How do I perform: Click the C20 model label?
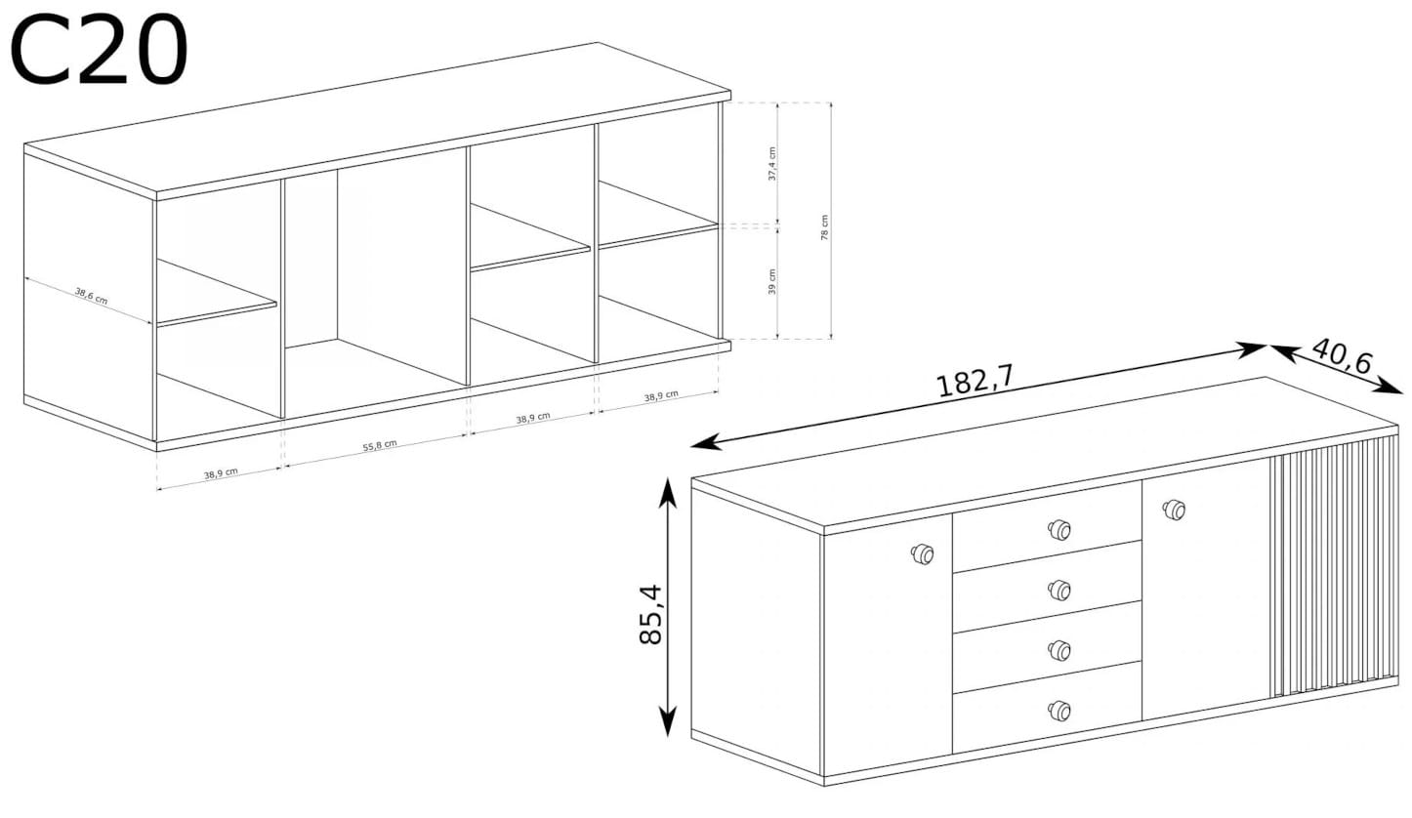click(99, 50)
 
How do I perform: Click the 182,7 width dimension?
click(976, 380)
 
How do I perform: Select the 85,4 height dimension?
click(651, 614)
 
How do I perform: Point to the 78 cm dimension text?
click(824, 227)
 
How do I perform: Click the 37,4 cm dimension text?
click(771, 164)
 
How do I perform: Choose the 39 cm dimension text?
click(772, 282)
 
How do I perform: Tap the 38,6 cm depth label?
click(92, 296)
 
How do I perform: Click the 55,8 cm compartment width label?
click(380, 445)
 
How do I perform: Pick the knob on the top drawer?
click(1059, 529)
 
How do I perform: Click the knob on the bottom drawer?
click(1059, 711)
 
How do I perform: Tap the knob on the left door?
click(922, 553)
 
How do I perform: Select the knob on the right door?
click(1173, 510)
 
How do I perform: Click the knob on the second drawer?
click(1059, 590)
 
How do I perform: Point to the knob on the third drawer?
click(1059, 650)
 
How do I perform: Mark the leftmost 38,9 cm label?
click(221, 473)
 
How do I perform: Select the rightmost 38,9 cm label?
click(661, 395)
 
